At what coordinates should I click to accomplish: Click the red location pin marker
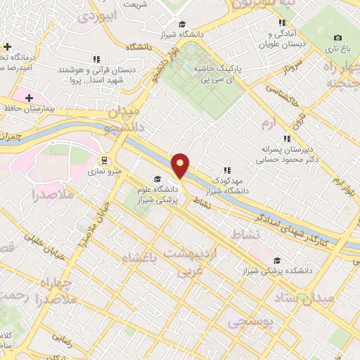click(x=181, y=165)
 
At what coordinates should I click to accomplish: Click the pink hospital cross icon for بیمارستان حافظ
click(x=29, y=98)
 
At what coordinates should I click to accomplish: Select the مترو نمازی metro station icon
click(x=104, y=159)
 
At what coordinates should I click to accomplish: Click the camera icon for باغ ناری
click(x=337, y=37)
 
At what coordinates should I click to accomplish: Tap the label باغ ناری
click(x=336, y=51)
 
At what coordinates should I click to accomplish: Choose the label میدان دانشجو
click(x=124, y=120)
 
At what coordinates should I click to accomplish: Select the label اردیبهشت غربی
click(x=192, y=259)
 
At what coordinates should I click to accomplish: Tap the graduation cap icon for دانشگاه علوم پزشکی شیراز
click(x=158, y=179)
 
